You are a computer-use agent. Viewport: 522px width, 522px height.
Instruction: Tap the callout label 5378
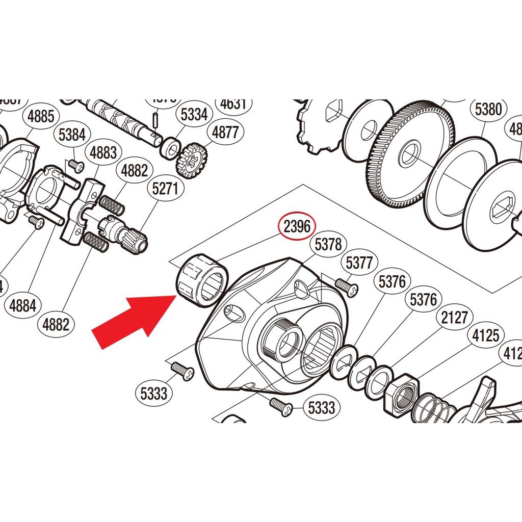[x=328, y=245]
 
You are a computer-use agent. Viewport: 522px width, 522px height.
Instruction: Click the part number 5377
[x=359, y=263]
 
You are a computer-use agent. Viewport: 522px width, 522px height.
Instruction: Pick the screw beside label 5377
[x=347, y=286]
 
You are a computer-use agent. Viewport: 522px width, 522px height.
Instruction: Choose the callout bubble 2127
[x=454, y=318]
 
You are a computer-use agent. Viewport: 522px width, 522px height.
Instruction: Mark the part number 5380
[x=488, y=109]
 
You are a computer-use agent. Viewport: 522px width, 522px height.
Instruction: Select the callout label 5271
[x=165, y=189]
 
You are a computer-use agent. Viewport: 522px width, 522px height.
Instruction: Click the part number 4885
[x=41, y=116]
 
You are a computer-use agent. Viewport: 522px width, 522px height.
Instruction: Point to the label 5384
[x=72, y=135]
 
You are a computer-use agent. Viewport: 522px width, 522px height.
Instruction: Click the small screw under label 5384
[x=75, y=165]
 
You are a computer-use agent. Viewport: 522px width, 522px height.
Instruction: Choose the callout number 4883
[x=103, y=152]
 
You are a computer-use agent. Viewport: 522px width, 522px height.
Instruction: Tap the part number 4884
[x=23, y=305]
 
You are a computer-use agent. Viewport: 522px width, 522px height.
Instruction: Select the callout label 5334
[x=194, y=115]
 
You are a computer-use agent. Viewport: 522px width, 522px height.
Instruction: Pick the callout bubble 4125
[x=485, y=335]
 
